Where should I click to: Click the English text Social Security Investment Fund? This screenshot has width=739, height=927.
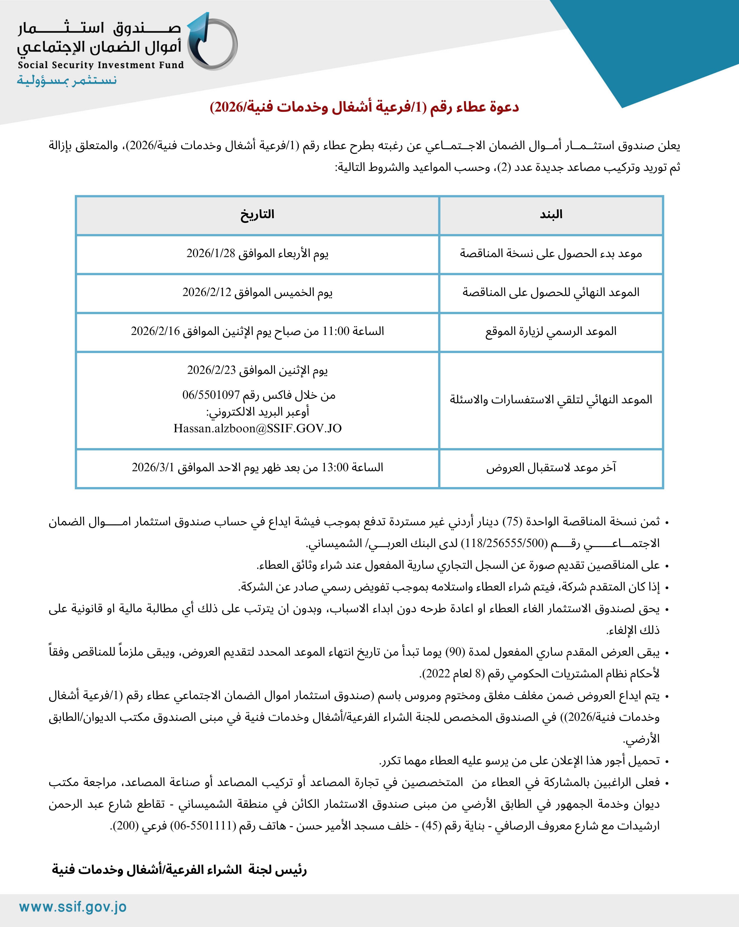click(x=101, y=65)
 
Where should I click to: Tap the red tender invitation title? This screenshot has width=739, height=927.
click(x=364, y=107)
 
